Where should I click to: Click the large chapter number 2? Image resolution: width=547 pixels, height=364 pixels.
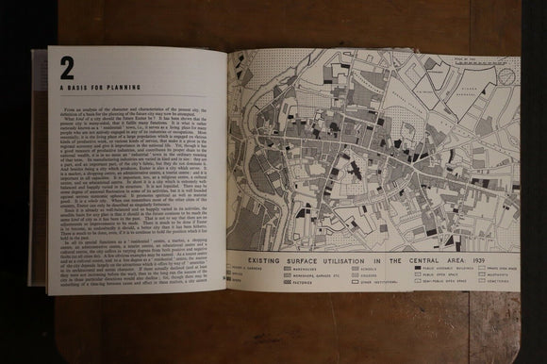point(67,68)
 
